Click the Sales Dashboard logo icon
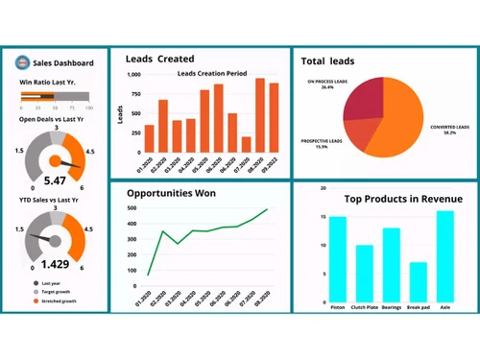[23, 62]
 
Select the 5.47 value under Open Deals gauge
[55, 180]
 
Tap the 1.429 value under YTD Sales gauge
[56, 262]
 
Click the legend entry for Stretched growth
[58, 300]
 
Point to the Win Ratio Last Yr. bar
[54, 97]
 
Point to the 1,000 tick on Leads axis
[133, 74]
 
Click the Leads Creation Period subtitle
[212, 74]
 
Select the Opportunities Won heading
[171, 193]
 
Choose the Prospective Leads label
[322, 143]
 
